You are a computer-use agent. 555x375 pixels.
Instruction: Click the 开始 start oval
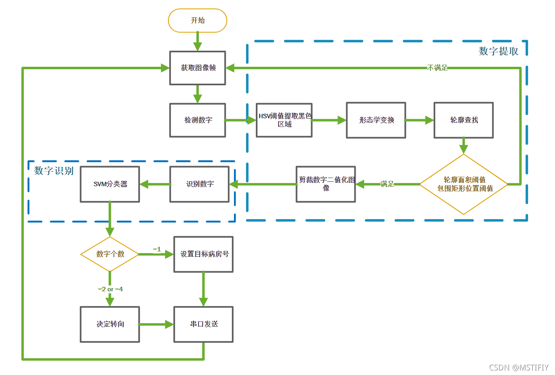click(x=197, y=21)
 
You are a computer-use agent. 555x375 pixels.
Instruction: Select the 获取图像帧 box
click(x=197, y=68)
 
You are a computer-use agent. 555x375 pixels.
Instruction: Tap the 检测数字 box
click(x=197, y=120)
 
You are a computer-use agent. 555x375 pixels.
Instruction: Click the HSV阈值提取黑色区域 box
click(x=284, y=120)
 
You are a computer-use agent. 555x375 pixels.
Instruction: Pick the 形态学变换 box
click(x=376, y=120)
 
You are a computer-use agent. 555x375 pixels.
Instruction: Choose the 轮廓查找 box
click(x=463, y=120)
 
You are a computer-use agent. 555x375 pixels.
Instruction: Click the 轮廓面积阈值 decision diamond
click(x=464, y=184)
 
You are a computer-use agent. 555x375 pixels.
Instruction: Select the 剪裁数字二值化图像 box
click(x=326, y=184)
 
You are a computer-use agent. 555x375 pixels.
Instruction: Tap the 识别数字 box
click(x=199, y=184)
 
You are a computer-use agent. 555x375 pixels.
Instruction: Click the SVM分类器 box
click(x=110, y=184)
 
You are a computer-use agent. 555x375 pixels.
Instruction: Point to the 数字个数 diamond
click(x=110, y=254)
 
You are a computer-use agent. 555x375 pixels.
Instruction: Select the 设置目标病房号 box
click(x=203, y=254)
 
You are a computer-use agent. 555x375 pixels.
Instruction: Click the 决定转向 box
click(x=110, y=324)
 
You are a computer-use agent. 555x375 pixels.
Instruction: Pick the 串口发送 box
click(x=203, y=324)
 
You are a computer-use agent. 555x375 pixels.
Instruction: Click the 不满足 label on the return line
click(x=437, y=68)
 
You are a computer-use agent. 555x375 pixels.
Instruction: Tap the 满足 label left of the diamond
click(x=387, y=184)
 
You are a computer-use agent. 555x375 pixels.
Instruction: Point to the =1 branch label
click(x=157, y=249)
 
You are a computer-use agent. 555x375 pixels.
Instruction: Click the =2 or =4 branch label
click(x=110, y=289)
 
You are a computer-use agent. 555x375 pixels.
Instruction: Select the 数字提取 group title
click(x=498, y=51)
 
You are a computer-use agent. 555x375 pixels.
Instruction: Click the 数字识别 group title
click(x=54, y=171)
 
